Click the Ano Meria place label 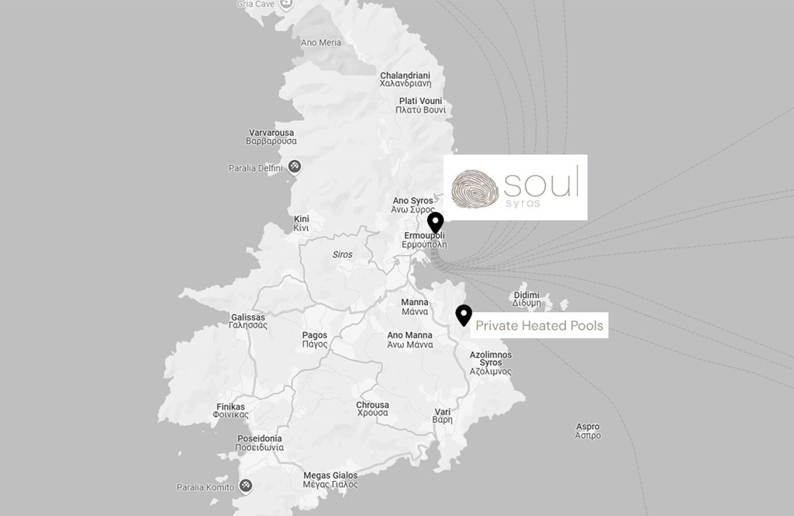click(x=320, y=43)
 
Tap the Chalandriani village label click(x=405, y=79)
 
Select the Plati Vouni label click(x=420, y=106)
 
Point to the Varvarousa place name click(x=271, y=137)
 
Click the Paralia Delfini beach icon click(x=295, y=167)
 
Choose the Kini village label click(x=301, y=224)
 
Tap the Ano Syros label click(x=413, y=205)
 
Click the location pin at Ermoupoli click(x=435, y=223)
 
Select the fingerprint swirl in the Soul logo click(x=475, y=188)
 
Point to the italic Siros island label click(x=342, y=255)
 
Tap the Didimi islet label click(x=526, y=299)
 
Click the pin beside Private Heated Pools click(x=464, y=315)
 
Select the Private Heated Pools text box click(x=539, y=326)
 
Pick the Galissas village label click(x=248, y=321)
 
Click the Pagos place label click(x=315, y=340)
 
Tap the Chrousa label click(x=372, y=409)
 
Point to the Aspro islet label click(x=588, y=431)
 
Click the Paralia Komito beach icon click(x=246, y=487)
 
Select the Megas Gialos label click(x=330, y=480)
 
